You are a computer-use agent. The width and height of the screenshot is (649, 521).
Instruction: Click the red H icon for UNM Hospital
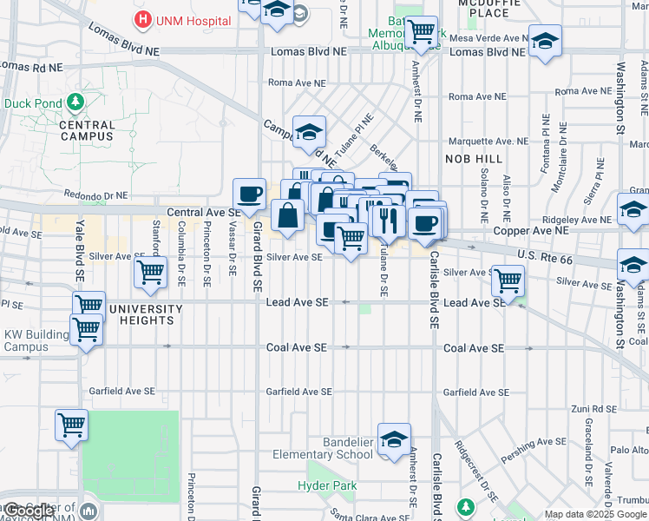click(x=139, y=18)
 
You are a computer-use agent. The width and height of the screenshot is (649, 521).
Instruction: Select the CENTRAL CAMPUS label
click(x=87, y=130)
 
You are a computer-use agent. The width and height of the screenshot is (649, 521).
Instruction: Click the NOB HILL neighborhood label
click(x=474, y=159)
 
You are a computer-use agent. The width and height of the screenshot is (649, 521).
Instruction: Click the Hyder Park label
click(x=326, y=486)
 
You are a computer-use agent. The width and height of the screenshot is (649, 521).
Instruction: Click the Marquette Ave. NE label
click(x=487, y=141)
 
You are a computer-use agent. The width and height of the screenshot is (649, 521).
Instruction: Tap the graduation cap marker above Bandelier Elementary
click(x=394, y=439)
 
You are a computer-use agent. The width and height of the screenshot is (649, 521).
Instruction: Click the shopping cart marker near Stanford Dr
click(x=151, y=272)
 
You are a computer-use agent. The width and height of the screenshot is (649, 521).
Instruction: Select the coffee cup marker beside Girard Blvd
click(x=250, y=194)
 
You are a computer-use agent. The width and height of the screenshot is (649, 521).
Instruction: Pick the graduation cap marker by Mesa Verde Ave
click(x=546, y=41)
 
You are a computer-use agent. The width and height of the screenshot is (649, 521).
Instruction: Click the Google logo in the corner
click(x=29, y=511)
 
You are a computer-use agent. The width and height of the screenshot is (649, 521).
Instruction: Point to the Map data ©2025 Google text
click(x=595, y=514)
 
